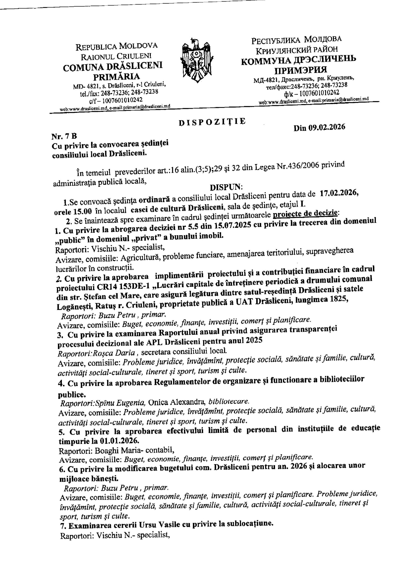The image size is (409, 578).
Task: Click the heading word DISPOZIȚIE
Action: click(x=212, y=122)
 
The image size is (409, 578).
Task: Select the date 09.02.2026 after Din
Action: click(x=327, y=127)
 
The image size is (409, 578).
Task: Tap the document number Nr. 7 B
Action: click(x=64, y=136)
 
